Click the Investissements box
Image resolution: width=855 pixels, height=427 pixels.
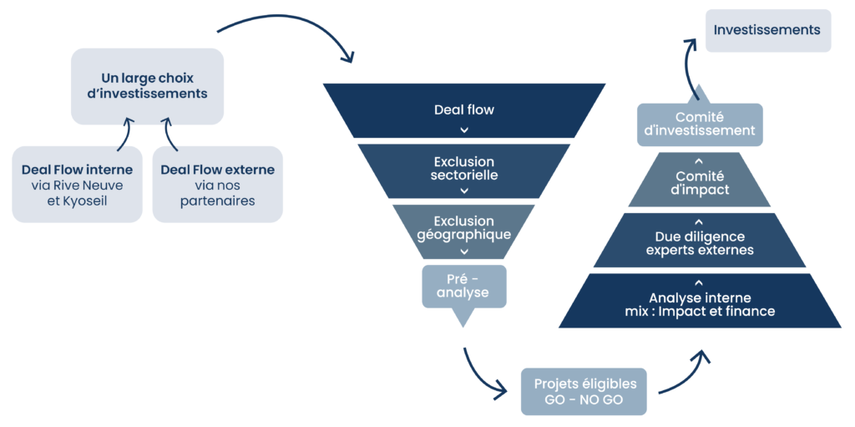point(768,31)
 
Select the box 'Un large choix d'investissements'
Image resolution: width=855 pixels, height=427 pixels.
point(147,86)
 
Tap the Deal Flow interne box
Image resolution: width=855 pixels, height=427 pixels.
point(77,185)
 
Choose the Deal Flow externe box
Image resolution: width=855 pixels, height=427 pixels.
point(218,185)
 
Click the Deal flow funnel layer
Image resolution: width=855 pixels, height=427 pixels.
point(464,110)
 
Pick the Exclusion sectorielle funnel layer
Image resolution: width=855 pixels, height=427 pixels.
point(464,171)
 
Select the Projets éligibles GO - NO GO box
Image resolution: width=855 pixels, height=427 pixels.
point(584,391)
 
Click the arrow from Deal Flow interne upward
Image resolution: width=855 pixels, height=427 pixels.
point(125,134)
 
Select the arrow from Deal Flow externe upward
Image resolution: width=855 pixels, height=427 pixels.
point(170,134)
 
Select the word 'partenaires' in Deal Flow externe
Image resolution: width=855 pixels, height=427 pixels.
point(218,201)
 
